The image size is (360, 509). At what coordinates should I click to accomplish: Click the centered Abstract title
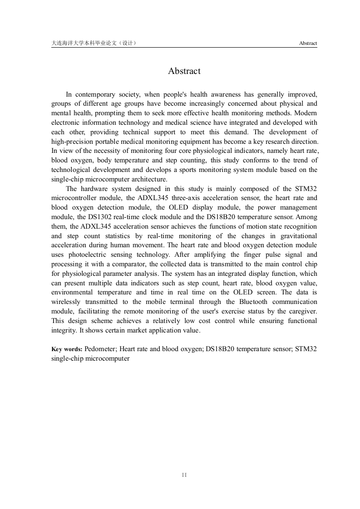[x=184, y=71]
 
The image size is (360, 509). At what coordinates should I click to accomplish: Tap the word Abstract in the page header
[x=308, y=44]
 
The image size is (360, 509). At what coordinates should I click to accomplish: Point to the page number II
[x=184, y=475]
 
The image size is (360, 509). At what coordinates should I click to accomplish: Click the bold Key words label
[x=67, y=349]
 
